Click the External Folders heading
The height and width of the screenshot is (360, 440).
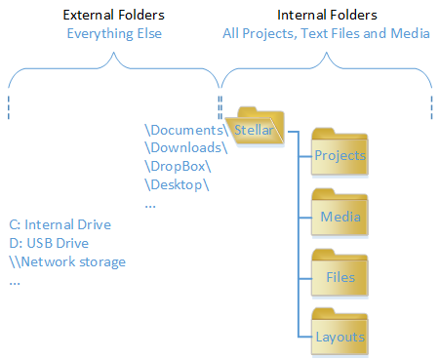pyautogui.click(x=114, y=15)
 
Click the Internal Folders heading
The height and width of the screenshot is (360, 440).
pyautogui.click(x=327, y=15)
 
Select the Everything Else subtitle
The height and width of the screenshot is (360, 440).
pyautogui.click(x=114, y=34)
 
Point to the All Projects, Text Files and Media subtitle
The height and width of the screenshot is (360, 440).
pyautogui.click(x=326, y=34)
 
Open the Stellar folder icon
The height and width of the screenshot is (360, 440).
pyautogui.click(x=256, y=127)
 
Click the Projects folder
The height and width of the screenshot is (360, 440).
pyautogui.click(x=340, y=152)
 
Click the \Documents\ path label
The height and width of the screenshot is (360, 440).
pyautogui.click(x=186, y=130)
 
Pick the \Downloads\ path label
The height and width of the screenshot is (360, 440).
pyautogui.click(x=186, y=148)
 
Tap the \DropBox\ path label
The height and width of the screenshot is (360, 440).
pyautogui.click(x=178, y=167)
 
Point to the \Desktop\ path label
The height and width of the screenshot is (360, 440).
pyautogui.click(x=177, y=185)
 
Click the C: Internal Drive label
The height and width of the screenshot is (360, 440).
pyautogui.click(x=60, y=224)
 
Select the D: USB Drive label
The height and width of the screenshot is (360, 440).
pyautogui.click(x=49, y=243)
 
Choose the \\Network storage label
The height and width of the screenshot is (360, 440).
pyautogui.click(x=67, y=262)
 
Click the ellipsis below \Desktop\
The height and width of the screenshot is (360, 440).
pyautogui.click(x=150, y=206)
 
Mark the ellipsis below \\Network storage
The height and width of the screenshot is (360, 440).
pyautogui.click(x=15, y=283)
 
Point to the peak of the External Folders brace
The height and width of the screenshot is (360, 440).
pyautogui.click(x=113, y=53)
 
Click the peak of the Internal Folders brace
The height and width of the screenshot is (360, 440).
pyautogui.click(x=326, y=53)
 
